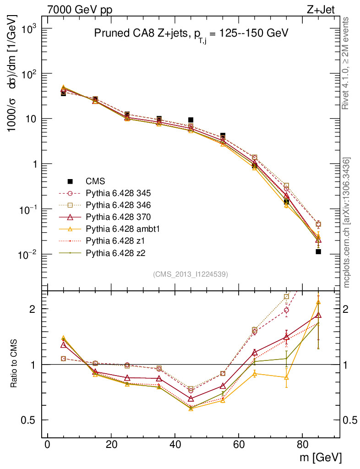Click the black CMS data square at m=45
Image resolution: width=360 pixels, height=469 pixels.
tap(191, 120)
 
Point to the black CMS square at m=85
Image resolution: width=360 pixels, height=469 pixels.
tap(318, 251)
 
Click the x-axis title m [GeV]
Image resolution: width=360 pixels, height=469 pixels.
tap(320, 457)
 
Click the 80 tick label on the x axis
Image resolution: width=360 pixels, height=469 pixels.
tap(302, 444)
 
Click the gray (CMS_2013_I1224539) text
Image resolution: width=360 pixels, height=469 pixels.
tap(191, 274)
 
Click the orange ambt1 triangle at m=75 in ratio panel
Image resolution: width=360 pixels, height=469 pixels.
tap(286, 377)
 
